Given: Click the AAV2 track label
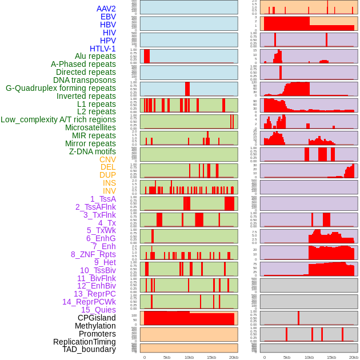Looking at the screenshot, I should (106, 9).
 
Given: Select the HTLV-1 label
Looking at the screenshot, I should (102, 49).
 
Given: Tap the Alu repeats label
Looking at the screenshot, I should (95, 56).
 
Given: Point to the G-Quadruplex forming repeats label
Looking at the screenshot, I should (61, 88).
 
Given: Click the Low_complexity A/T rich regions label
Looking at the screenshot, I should (58, 119).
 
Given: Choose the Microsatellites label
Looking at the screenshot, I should (90, 127).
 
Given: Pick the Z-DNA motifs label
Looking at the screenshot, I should (92, 151).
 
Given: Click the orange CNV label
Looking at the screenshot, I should (107, 159).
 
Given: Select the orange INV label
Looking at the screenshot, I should (109, 191).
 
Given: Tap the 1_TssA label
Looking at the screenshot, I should (103, 199).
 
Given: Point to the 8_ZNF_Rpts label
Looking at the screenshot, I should (93, 254).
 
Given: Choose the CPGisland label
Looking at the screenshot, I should (97, 318).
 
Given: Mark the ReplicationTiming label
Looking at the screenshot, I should (85, 342).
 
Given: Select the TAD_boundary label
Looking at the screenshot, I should (89, 349).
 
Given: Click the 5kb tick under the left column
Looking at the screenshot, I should (167, 357).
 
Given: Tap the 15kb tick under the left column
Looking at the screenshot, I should (211, 357).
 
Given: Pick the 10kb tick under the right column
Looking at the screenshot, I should (309, 357).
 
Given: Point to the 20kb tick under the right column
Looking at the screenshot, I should (354, 357).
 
